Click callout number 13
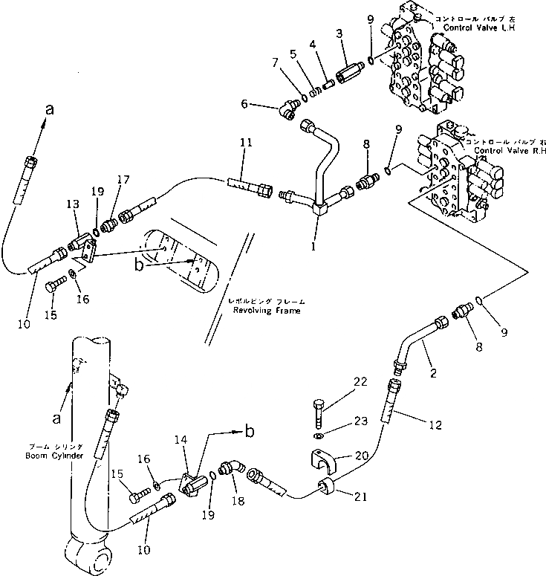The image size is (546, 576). (x=72, y=204)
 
